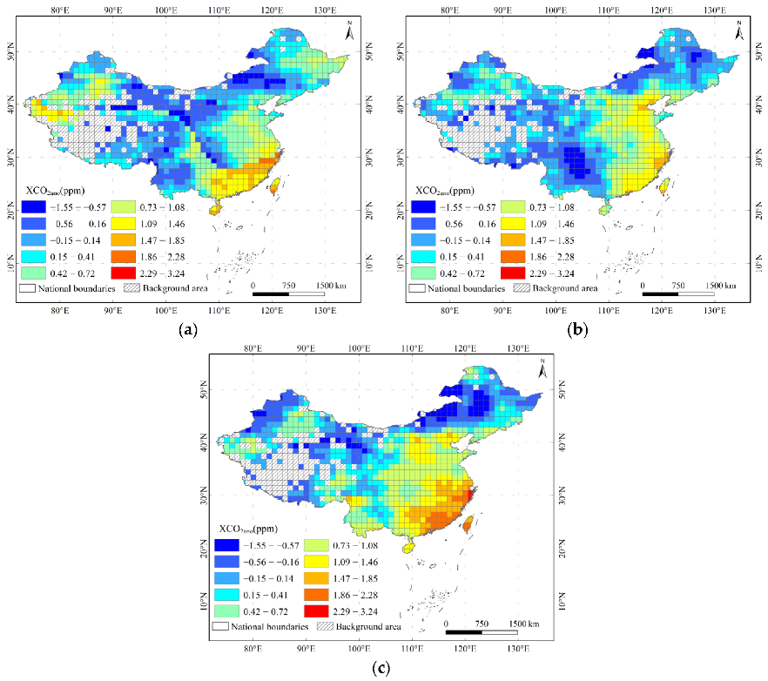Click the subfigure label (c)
point(381,668)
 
